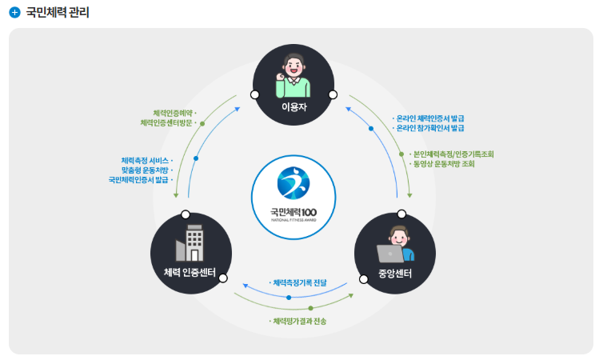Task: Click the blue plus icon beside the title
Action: point(14,13)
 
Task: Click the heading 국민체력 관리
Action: point(58,13)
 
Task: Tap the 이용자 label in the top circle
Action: point(294,106)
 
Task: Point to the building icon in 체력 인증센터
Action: point(190,242)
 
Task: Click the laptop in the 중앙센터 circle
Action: point(389,254)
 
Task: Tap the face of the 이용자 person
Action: point(294,64)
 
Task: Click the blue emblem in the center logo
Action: point(294,183)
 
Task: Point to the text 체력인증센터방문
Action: point(166,123)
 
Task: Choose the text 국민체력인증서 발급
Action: point(140,180)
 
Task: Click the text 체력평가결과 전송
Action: point(301,321)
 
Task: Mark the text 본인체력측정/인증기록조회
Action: point(453,154)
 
